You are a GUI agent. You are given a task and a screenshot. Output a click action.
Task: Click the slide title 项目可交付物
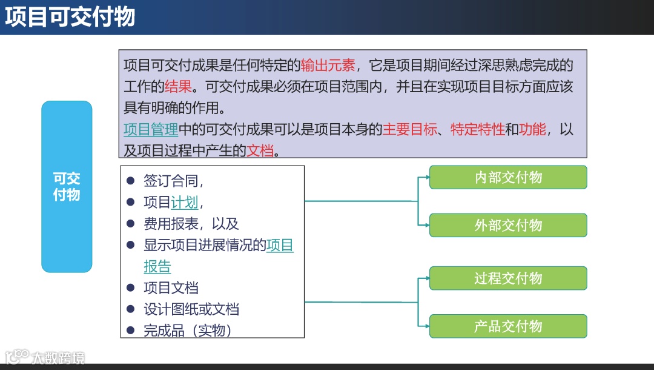70,17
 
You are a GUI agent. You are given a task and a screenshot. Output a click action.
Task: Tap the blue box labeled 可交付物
67,187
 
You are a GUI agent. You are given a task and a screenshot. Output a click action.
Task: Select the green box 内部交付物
508,177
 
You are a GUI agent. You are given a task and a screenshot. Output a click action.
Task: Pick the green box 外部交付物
508,225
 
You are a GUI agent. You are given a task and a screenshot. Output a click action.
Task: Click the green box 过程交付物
508,278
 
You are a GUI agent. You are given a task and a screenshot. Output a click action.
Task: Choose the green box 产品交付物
508,326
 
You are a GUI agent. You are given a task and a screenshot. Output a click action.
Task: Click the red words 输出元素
328,65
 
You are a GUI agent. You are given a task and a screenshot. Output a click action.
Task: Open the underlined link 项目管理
151,129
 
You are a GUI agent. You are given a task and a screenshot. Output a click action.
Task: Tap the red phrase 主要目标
409,129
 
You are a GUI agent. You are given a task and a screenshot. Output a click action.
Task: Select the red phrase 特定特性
477,129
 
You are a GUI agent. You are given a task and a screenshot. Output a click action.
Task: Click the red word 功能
532,129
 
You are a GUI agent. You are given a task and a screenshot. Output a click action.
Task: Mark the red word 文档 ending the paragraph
260,150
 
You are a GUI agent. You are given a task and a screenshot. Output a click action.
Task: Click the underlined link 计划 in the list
185,202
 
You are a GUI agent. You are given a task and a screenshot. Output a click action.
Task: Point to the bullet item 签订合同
173,181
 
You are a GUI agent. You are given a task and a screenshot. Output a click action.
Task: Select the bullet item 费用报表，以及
191,224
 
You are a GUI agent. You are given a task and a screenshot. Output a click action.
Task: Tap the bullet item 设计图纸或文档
191,309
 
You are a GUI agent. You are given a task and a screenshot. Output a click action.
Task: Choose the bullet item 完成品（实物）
188,331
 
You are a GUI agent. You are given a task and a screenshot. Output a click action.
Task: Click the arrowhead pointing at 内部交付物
426,177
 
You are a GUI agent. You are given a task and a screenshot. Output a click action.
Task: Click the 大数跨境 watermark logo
45,357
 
